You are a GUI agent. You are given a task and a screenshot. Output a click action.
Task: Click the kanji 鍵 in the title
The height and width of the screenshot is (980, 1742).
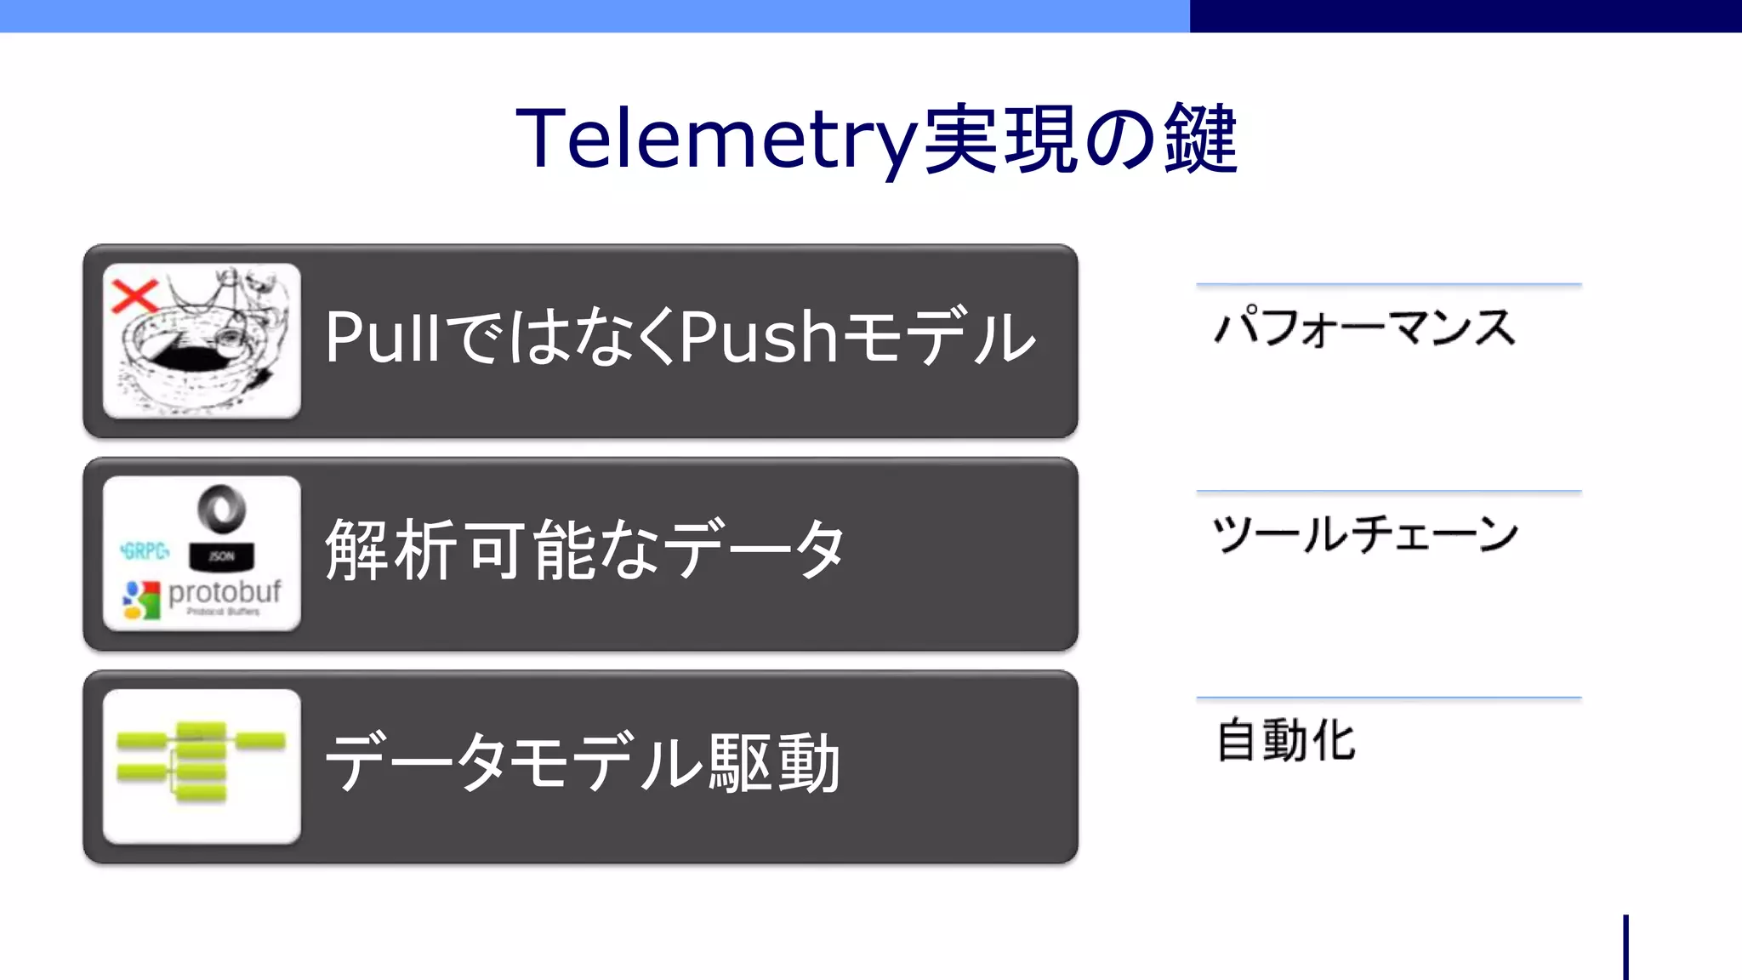1200,139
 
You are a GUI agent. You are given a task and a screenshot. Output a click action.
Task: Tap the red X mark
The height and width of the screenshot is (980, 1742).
134,296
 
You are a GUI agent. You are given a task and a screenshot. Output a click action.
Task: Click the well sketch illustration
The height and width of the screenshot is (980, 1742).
204,349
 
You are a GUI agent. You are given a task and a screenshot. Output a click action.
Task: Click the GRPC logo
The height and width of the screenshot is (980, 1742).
145,551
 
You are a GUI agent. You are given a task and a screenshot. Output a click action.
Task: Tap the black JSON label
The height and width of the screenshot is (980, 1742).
221,556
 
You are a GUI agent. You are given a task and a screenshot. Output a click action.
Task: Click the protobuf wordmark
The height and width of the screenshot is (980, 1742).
225,592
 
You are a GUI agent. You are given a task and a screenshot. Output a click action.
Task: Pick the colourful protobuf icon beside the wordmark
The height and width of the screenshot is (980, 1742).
141,600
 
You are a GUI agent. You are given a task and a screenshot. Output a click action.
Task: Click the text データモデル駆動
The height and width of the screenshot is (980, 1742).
584,763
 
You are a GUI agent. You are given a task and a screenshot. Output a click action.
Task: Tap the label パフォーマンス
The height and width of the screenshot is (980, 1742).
1364,328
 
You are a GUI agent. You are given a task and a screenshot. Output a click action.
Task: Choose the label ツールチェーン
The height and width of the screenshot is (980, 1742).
1364,534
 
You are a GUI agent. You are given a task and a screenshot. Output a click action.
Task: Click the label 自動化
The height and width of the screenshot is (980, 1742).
1285,740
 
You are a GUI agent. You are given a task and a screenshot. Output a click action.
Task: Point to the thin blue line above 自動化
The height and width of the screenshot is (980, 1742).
1388,698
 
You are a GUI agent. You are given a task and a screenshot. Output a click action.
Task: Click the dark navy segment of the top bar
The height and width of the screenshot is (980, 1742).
1465,15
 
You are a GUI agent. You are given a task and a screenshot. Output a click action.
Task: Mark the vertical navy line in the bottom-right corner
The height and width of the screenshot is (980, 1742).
1625,948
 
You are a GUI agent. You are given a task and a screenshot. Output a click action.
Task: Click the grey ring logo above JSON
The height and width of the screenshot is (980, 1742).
221,510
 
